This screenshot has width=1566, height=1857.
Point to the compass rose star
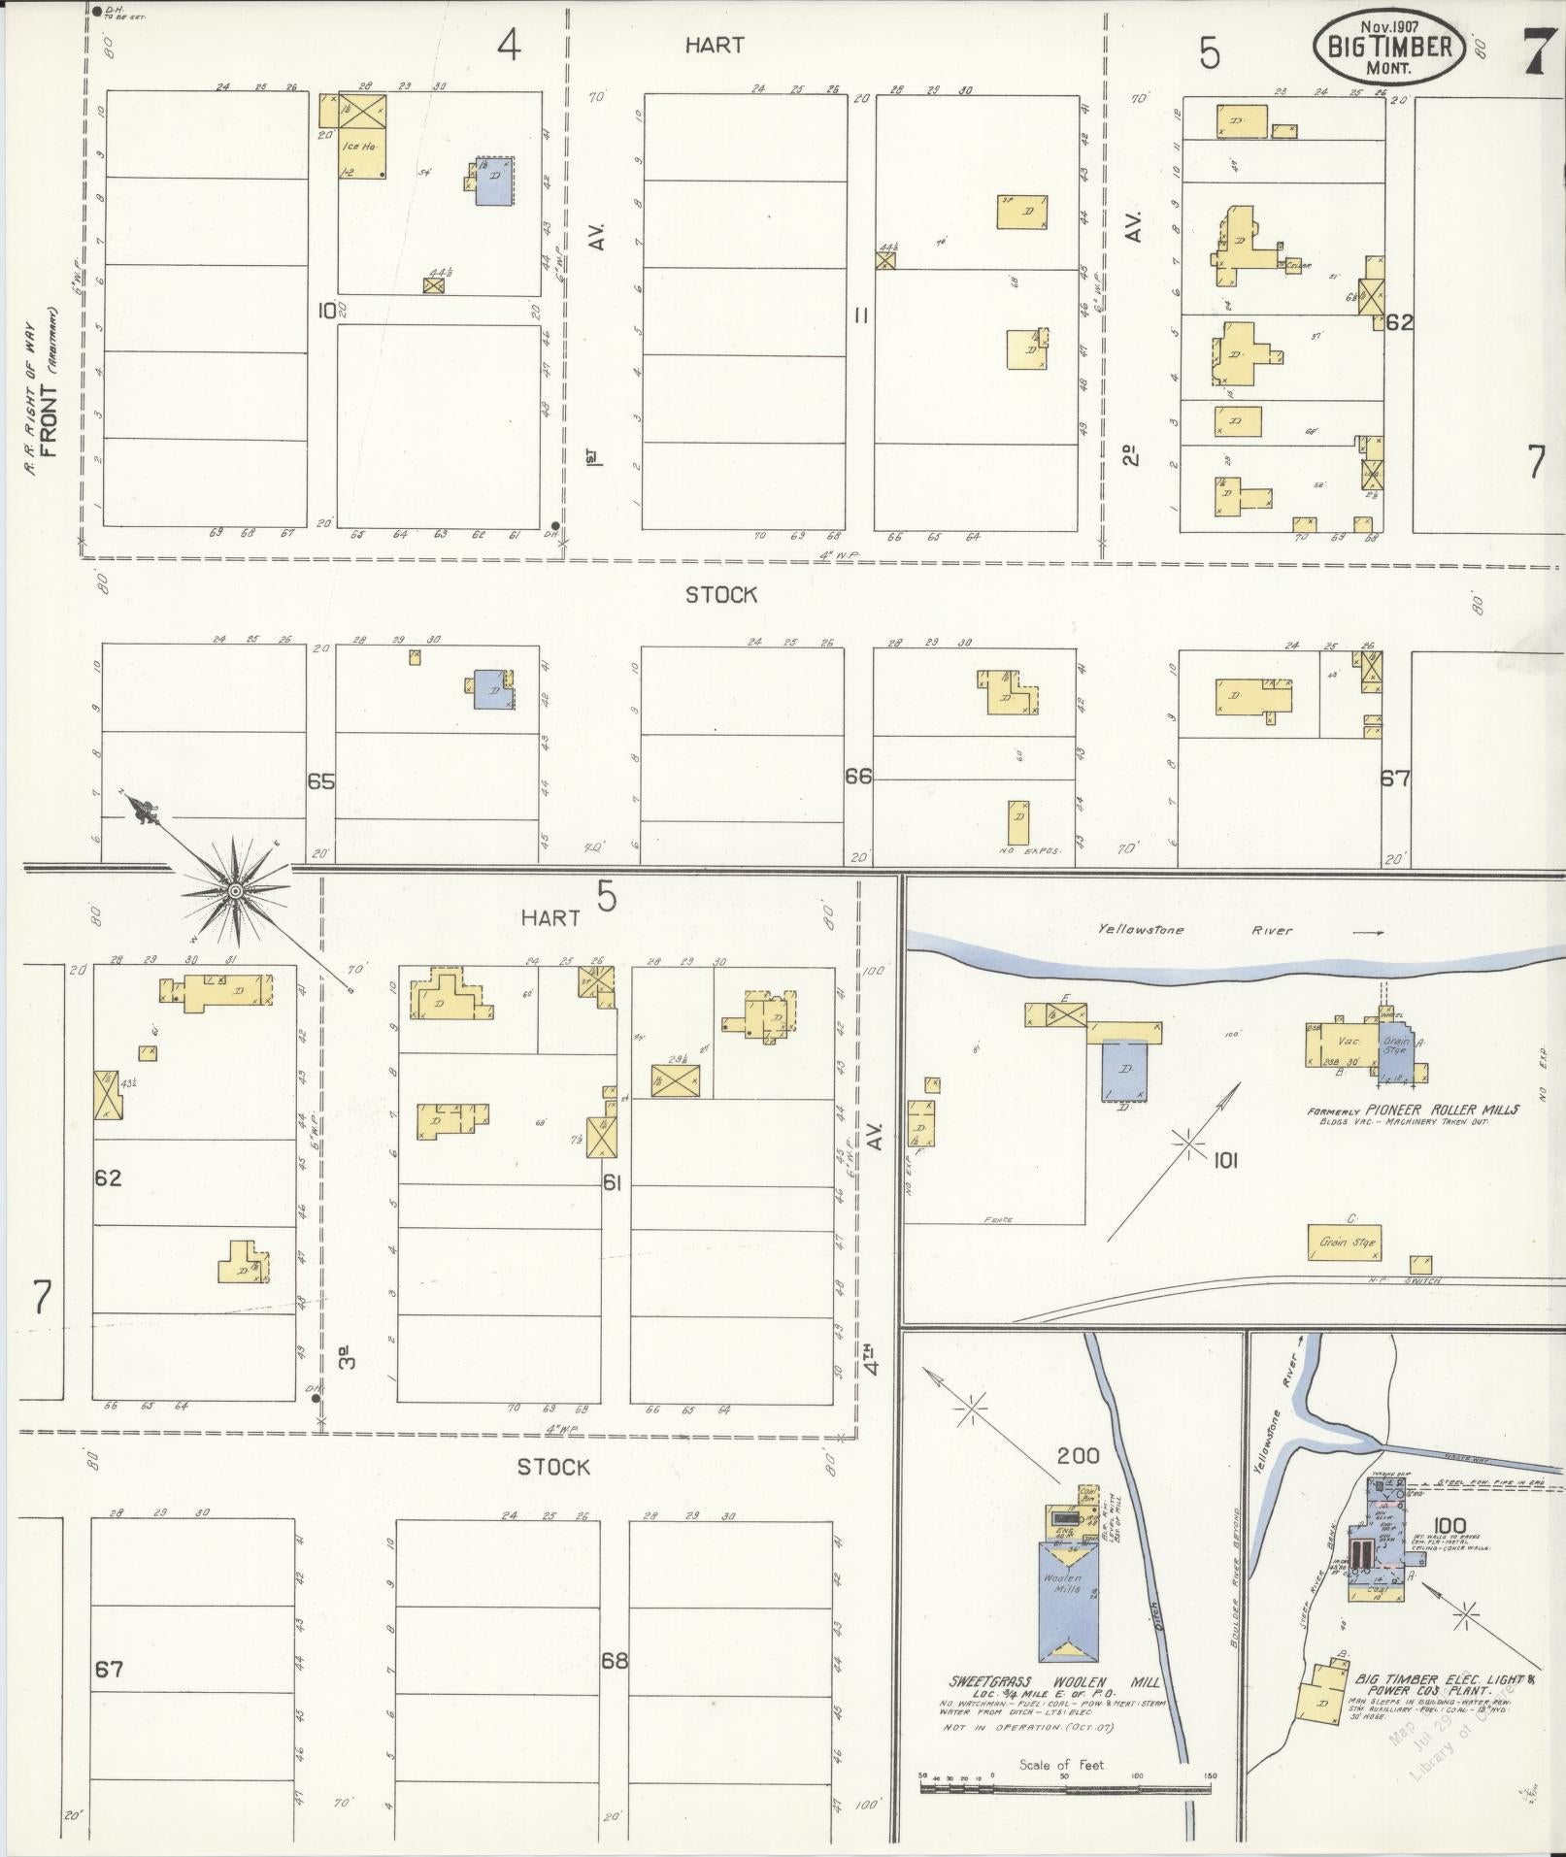pos(235,888)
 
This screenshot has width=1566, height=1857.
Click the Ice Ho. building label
pos(351,147)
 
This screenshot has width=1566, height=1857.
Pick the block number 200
pos(1078,1482)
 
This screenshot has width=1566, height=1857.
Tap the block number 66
pos(858,777)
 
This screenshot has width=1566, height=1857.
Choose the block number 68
pos(614,1660)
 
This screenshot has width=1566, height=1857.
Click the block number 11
pos(860,315)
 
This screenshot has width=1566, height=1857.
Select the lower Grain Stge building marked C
pos(1347,1242)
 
